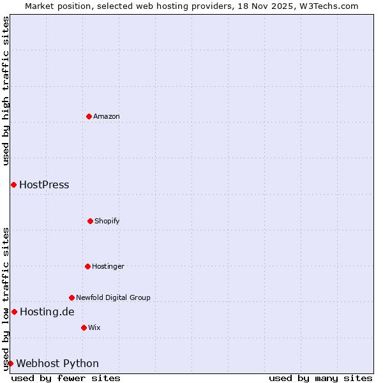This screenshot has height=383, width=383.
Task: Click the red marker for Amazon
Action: [x=89, y=116]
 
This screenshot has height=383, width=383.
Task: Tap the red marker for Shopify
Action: [x=90, y=221]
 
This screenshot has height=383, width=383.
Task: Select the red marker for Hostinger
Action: [x=87, y=266]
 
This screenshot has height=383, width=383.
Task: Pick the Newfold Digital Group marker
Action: [x=71, y=297]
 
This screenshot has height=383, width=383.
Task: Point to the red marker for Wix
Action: [x=84, y=327]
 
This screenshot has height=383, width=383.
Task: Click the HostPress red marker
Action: [x=13, y=184]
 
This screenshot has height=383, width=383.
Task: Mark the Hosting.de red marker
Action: [x=14, y=312]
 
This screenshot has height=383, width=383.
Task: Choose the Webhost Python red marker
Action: [x=10, y=363]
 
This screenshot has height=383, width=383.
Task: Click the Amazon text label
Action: [x=107, y=116]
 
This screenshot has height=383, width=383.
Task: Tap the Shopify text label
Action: [x=107, y=221]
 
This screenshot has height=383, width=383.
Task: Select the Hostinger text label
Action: [x=108, y=266]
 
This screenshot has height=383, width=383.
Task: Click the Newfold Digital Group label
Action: [x=113, y=297]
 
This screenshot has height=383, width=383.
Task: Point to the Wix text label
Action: [x=94, y=327]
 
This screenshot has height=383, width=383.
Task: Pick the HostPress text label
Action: [x=44, y=185]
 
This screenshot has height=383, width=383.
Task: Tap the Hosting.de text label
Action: [x=47, y=312]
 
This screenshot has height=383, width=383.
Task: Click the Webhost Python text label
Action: [x=57, y=364]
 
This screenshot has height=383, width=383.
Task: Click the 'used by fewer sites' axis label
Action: [x=66, y=378]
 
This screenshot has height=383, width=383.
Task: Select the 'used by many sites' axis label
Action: [x=320, y=378]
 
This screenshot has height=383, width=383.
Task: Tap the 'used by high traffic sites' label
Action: [x=6, y=91]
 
